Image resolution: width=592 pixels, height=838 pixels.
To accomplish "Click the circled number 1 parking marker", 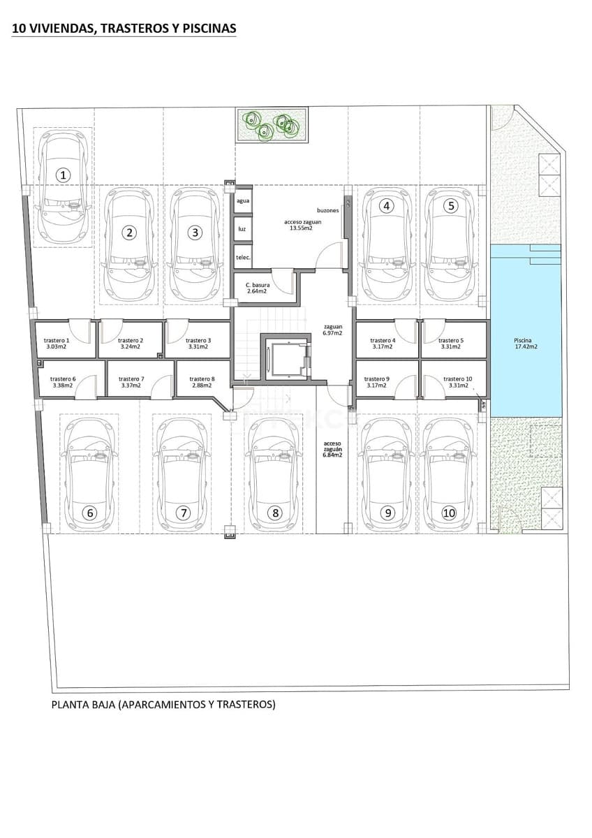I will (64, 175).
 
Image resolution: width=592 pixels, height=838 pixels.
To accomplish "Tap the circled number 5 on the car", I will (451, 205).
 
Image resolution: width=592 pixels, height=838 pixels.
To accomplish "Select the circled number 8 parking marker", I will (276, 513).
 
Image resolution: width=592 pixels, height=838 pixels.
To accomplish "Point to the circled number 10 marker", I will (448, 513).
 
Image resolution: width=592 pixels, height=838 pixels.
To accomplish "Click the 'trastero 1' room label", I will (57, 343).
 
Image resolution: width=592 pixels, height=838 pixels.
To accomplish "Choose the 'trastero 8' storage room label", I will (202, 382).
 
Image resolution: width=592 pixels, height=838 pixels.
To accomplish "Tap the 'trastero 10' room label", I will (457, 382).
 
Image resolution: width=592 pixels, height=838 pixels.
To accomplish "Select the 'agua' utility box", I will (243, 200).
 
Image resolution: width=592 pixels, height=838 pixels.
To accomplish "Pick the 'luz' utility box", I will (242, 229).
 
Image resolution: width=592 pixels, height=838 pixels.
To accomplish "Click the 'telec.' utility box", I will (243, 257).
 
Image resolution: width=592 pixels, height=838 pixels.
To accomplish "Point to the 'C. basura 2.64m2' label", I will (257, 288).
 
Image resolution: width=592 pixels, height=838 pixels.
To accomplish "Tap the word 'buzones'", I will (328, 209).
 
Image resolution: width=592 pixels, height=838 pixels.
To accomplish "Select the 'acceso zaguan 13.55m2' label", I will (298, 225).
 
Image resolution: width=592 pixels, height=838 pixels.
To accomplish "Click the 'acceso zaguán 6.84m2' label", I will (332, 449).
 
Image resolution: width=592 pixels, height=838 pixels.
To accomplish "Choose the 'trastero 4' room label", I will (383, 343).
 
